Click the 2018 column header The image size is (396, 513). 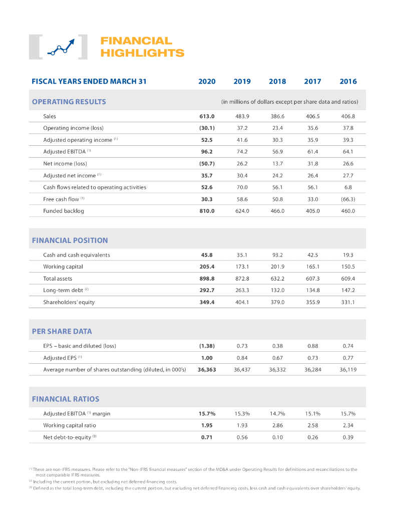277,81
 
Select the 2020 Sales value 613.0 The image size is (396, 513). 207,116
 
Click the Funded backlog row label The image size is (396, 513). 64,211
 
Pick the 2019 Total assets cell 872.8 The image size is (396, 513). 242,279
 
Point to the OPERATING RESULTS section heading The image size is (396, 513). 69,102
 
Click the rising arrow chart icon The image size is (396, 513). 58,47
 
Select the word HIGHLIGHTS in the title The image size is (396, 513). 142,53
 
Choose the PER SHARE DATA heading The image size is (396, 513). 62,331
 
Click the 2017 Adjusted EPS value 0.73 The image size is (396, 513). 312,358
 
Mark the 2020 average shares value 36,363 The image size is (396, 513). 207,370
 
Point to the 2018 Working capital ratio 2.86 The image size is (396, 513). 277,425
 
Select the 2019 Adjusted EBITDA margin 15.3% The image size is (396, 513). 242,414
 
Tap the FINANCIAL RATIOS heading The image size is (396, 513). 66,399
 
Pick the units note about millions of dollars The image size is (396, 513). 289,102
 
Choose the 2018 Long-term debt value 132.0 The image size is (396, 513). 277,291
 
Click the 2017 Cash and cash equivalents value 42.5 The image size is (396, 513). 312,255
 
